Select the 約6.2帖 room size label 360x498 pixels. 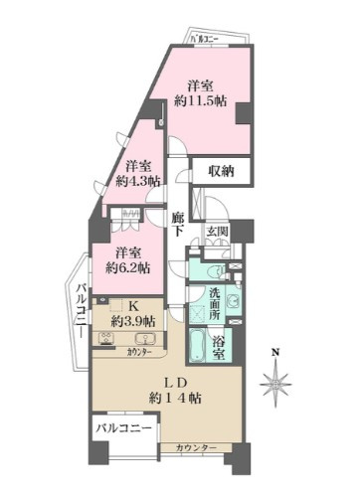point(129,267)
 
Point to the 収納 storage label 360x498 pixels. point(221,171)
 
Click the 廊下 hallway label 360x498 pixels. point(178,225)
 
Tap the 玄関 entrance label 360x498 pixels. point(217,233)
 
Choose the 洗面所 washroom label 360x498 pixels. point(215,300)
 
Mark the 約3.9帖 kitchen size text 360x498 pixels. point(132,321)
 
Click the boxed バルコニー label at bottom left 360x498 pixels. point(124,429)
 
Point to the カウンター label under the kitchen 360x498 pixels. point(139,353)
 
